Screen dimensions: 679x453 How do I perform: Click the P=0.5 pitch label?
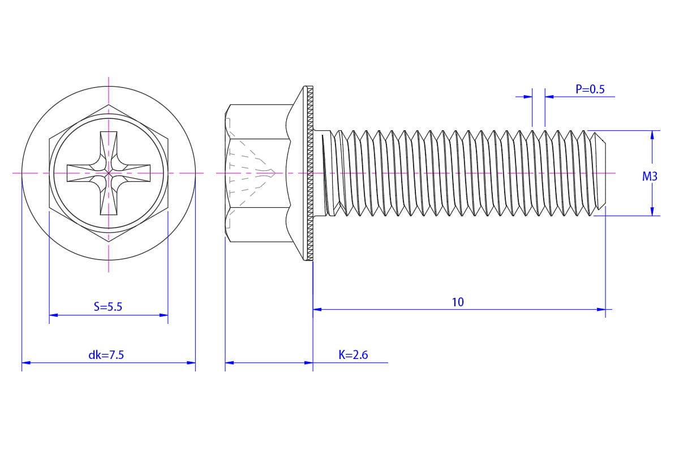pos(590,89)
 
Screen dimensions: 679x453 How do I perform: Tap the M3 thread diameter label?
pos(650,176)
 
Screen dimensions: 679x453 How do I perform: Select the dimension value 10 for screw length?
pos(458,302)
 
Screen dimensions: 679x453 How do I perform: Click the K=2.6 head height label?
pos(353,354)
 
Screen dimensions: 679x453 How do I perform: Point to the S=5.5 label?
pos(108,307)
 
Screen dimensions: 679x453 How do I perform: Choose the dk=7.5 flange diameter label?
pos(106,354)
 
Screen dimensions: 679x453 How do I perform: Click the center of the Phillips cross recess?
pos(109,173)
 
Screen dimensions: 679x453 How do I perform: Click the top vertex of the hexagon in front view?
pos(109,105)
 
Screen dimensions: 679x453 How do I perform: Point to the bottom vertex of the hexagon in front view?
pos(109,242)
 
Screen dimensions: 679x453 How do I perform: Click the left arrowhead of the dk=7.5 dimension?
pos(26,362)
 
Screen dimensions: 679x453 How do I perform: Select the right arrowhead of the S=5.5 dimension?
pos(164,315)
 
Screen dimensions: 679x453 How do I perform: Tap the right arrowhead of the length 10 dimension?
pos(601,310)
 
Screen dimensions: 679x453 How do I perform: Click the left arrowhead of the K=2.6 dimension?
pos(230,362)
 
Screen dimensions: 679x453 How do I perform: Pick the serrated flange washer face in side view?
pos(310,173)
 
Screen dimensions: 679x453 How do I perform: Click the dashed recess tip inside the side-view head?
pos(274,173)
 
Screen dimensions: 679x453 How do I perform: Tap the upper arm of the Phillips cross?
pos(109,149)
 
